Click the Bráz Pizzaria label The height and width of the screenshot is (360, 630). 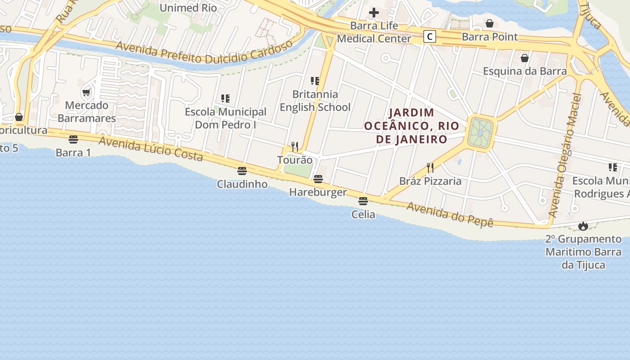click(430, 181)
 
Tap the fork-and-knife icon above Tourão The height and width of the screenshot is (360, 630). click(295, 146)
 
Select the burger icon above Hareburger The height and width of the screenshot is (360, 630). click(318, 179)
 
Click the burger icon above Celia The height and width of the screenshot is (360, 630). click(363, 201)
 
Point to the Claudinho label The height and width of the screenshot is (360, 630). click(242, 184)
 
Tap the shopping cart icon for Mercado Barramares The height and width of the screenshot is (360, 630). click(86, 92)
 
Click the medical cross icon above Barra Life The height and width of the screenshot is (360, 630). click(374, 12)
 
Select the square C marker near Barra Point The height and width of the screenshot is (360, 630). click(430, 36)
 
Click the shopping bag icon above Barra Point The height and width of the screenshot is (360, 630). click(490, 23)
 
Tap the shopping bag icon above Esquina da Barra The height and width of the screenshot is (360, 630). click(525, 58)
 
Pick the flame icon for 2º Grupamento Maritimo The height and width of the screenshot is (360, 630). click(583, 225)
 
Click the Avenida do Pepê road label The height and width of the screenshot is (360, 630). click(450, 215)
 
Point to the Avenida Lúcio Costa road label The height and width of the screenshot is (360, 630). click(151, 148)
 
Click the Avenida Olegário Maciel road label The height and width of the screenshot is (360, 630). click(566, 155)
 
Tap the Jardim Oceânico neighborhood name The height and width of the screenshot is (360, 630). click(412, 126)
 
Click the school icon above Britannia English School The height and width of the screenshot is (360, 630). click(315, 81)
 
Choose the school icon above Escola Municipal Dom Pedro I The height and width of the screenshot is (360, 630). click(225, 98)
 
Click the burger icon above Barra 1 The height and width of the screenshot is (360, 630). click(73, 139)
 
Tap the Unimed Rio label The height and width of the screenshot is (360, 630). click(188, 8)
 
